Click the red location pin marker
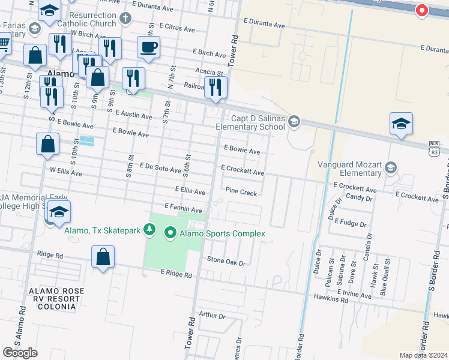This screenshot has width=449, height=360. tap(421, 10)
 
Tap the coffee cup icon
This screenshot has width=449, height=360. tap(148, 47)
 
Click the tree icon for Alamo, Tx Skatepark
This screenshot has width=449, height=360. tap(151, 230)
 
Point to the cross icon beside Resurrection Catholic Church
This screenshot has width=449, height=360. tap(125, 19)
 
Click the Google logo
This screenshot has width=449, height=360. tap(20, 353)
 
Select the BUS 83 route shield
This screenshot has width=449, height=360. tap(434, 148)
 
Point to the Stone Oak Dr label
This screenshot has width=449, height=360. tap(226, 262)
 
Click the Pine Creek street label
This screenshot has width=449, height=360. tap(241, 193)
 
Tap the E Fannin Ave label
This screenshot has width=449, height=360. tap(182, 209)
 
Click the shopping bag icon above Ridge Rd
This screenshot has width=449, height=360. tap(103, 257)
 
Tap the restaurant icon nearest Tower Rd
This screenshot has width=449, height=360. tap(215, 87)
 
